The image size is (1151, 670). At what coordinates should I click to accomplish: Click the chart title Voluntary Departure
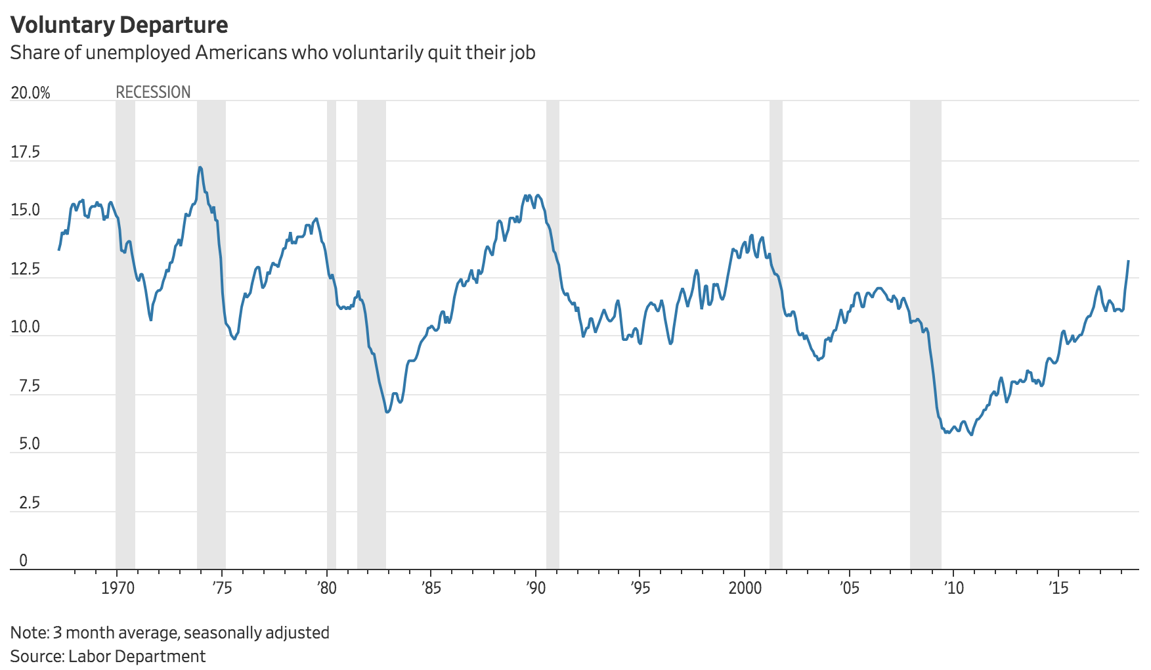(x=119, y=24)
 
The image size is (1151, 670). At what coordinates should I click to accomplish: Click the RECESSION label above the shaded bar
(x=153, y=92)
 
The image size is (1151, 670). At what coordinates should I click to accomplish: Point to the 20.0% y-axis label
(x=30, y=93)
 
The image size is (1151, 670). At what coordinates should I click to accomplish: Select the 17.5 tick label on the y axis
(x=25, y=152)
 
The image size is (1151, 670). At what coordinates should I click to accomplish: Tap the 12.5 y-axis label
(x=25, y=269)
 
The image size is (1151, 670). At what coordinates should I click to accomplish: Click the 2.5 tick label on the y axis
(x=29, y=502)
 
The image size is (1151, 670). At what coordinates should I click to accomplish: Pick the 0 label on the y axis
(x=24, y=560)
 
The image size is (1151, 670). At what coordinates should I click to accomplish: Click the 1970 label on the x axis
(x=118, y=588)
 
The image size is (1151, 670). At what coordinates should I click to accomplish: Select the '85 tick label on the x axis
(x=431, y=588)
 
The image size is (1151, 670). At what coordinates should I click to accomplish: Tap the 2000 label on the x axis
(x=745, y=588)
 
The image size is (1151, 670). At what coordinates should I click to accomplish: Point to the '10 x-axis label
(x=953, y=588)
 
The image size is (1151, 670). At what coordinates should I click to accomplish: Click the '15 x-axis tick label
(x=1058, y=588)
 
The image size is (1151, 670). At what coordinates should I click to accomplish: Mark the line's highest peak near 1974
(x=200, y=167)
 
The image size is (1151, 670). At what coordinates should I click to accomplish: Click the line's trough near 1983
(x=387, y=412)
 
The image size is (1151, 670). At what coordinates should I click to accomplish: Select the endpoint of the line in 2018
(x=1128, y=261)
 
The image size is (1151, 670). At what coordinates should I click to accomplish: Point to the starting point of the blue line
(x=58, y=250)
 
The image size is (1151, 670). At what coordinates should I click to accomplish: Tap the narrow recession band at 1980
(x=331, y=328)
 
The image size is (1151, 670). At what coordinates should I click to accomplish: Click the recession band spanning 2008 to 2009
(x=925, y=328)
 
